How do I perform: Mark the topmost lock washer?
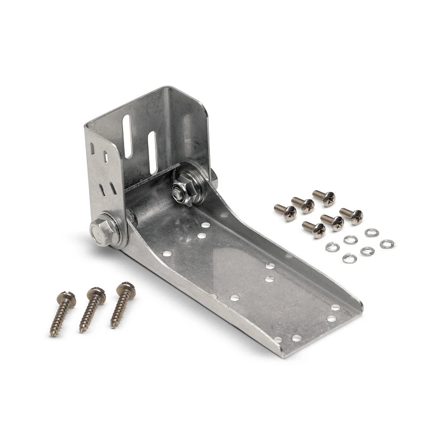coord(371,232)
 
